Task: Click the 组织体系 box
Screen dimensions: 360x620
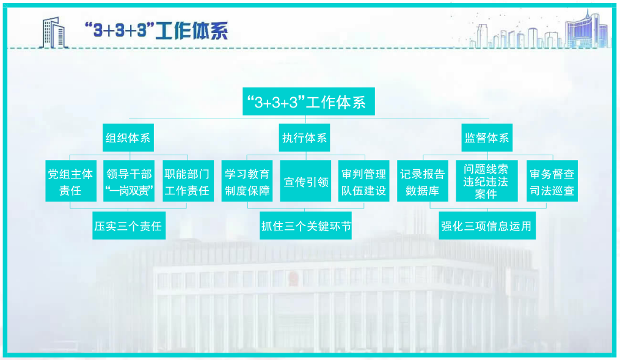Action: pyautogui.click(x=128, y=138)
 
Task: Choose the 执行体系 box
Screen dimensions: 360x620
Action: pyautogui.click(x=304, y=138)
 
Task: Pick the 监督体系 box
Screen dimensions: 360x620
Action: pyautogui.click(x=486, y=138)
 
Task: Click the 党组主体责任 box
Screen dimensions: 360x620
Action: pyautogui.click(x=70, y=182)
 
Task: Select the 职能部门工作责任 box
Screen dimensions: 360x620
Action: pyautogui.click(x=186, y=182)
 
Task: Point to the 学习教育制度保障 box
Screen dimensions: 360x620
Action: pyautogui.click(x=247, y=182)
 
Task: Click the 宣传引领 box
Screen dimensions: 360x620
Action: pyautogui.click(x=305, y=182)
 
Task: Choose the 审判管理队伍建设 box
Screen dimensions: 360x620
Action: pyautogui.click(x=363, y=182)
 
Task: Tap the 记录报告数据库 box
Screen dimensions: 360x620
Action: pyautogui.click(x=422, y=182)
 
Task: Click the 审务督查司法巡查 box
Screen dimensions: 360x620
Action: pyautogui.click(x=552, y=182)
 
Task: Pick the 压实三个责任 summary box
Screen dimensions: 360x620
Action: pyautogui.click(x=128, y=226)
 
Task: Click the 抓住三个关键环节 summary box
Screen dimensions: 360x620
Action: pyautogui.click(x=306, y=226)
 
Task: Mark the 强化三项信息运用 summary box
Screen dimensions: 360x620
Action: pyautogui.click(x=486, y=226)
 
